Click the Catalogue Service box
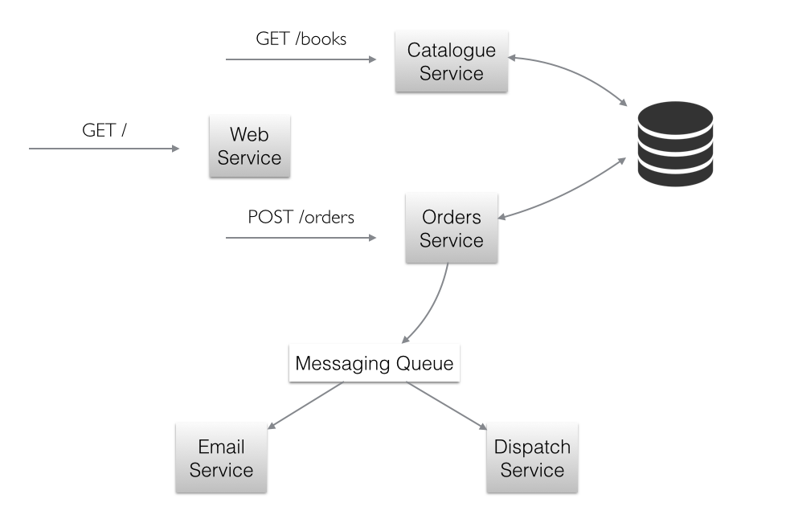[451, 62]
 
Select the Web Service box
[249, 145]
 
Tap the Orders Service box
[451, 229]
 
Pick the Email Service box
[221, 458]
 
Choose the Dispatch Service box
[532, 458]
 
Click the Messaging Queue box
[374, 364]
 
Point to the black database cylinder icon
[674, 144]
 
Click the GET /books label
[301, 38]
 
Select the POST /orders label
[301, 217]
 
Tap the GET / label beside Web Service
[104, 130]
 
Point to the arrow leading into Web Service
[104, 149]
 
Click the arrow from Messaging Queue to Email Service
[305, 405]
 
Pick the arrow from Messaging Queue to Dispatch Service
[446, 405]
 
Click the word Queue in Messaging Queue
[426, 364]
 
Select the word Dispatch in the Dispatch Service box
[532, 447]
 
